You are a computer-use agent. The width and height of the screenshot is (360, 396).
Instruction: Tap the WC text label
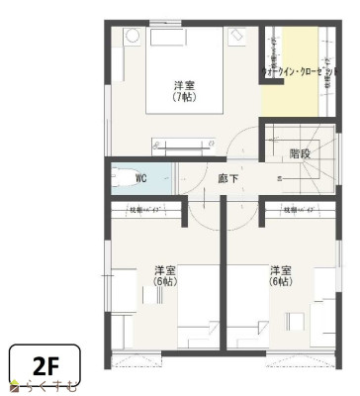click(x=140, y=179)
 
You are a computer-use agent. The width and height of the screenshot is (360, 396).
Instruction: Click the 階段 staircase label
click(x=300, y=153)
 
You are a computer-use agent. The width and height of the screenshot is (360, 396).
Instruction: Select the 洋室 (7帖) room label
click(x=183, y=90)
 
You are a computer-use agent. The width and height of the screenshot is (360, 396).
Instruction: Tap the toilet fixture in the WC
click(x=124, y=179)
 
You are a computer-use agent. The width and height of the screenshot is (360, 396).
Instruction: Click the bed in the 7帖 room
click(x=194, y=72)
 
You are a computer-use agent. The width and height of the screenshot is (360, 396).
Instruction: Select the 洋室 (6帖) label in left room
click(x=165, y=275)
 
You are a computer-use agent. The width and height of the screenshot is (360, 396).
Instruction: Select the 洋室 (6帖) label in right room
click(x=281, y=275)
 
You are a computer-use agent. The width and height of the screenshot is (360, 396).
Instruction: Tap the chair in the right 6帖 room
click(x=295, y=321)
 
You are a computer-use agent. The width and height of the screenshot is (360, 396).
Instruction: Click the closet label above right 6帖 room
click(x=297, y=210)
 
